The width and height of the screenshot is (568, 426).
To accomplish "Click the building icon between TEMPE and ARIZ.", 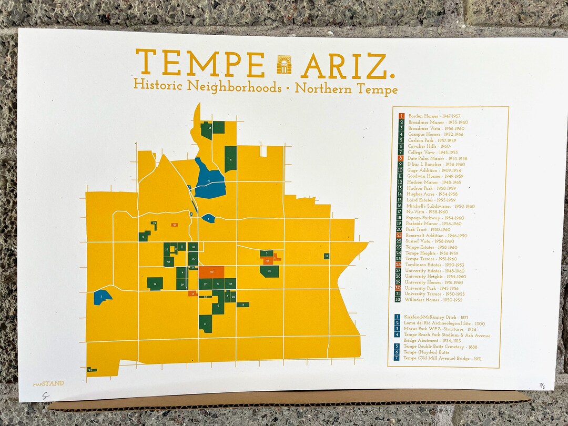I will point(283,64).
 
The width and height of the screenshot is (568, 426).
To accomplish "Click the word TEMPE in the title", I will point(200,63).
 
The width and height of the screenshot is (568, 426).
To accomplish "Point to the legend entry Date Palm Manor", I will point(433,158).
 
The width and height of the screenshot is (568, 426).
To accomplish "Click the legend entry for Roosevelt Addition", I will point(432,236).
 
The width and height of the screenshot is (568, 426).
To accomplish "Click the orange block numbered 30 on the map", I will point(211,272).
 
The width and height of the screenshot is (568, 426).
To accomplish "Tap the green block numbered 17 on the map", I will point(205,324).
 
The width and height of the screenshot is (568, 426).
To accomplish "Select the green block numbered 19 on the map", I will point(155,283).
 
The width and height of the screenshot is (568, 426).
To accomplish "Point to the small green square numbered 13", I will point(327,256).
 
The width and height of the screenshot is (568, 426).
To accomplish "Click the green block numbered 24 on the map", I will point(92,370).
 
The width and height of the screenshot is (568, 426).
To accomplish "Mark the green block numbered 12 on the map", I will point(269,271).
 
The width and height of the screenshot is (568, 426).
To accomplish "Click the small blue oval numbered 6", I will point(208,218).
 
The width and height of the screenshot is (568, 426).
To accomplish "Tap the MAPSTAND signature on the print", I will point(48,383).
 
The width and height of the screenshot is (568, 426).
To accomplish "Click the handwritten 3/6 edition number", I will point(542,386).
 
